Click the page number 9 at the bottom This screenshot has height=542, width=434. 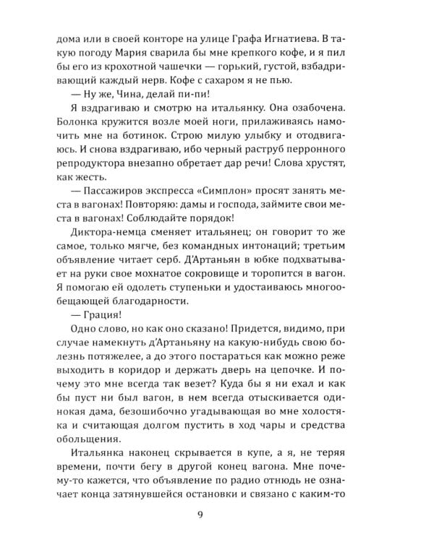(217, 514)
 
